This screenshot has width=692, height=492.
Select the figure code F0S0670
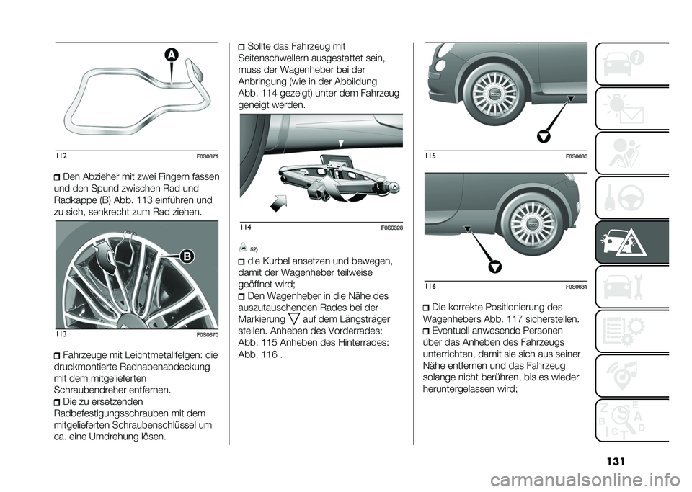pyautogui.click(x=206, y=335)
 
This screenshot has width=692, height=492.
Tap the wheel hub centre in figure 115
pyautogui.click(x=494, y=93)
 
